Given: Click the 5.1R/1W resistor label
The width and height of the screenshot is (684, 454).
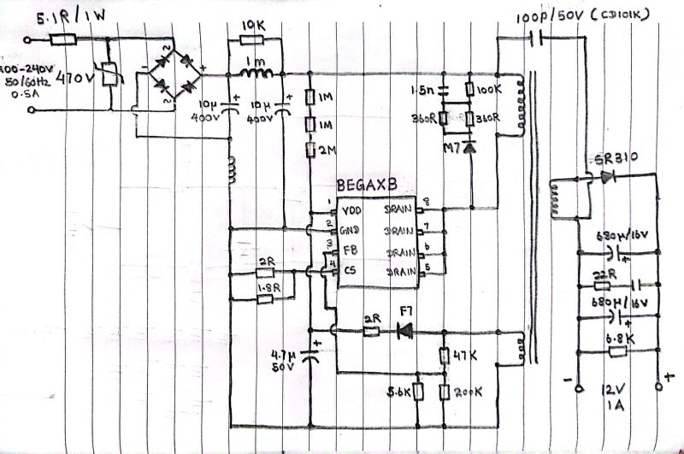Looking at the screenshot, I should (40, 15).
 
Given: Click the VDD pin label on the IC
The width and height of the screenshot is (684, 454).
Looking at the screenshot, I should (351, 209).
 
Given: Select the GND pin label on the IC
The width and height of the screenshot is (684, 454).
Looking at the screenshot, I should (351, 230).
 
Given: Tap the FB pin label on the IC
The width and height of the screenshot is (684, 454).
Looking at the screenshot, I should (349, 251).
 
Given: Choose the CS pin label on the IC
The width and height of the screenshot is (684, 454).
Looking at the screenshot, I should (349, 271).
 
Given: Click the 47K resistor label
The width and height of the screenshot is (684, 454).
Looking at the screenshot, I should (463, 353).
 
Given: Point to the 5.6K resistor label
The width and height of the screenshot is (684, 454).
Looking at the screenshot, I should (399, 392).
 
